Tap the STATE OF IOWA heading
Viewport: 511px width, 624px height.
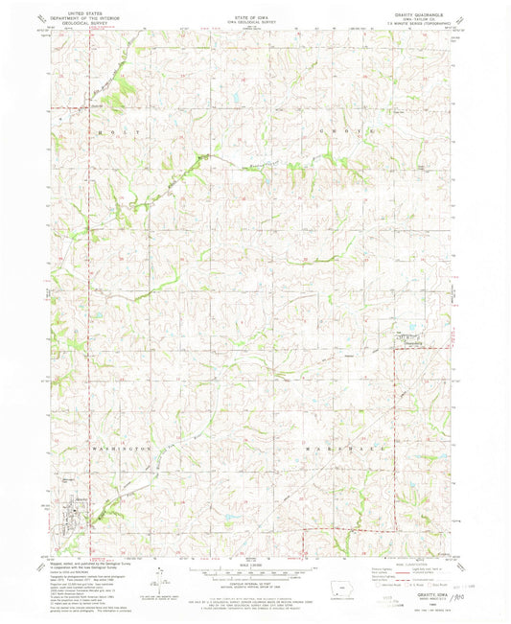[x=256, y=9]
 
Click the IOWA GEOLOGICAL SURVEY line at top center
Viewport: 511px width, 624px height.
[x=256, y=13]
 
